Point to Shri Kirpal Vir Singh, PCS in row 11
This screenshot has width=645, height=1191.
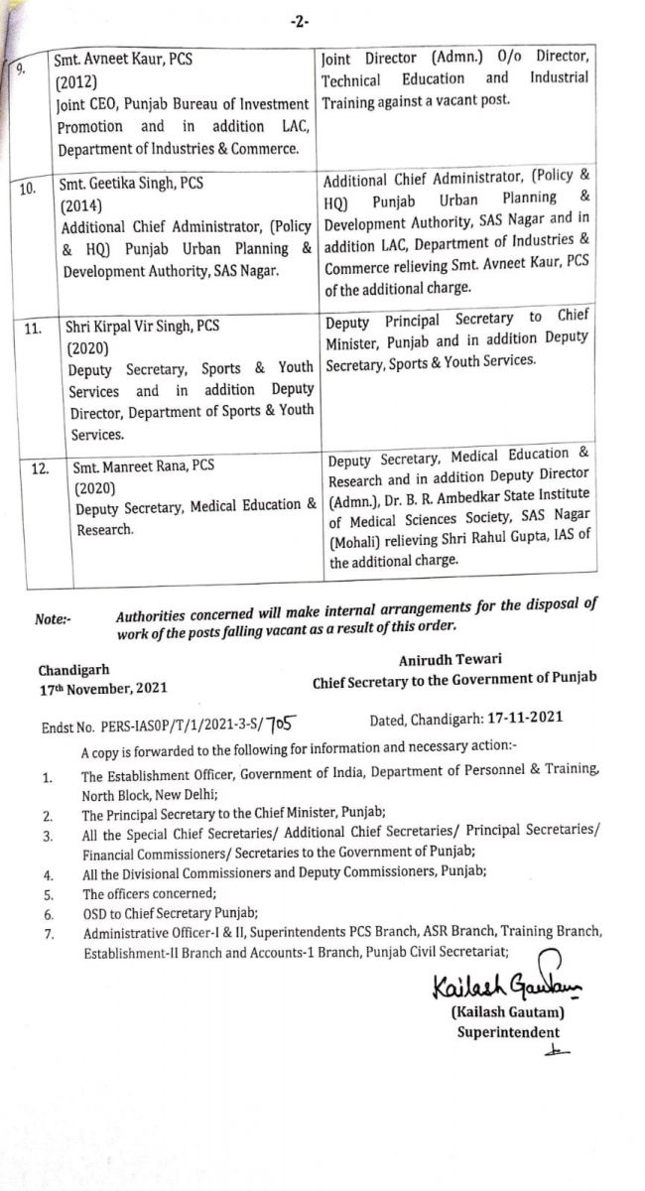142,325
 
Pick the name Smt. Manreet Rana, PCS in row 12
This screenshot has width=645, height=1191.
142,464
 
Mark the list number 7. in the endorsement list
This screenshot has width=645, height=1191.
47,934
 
